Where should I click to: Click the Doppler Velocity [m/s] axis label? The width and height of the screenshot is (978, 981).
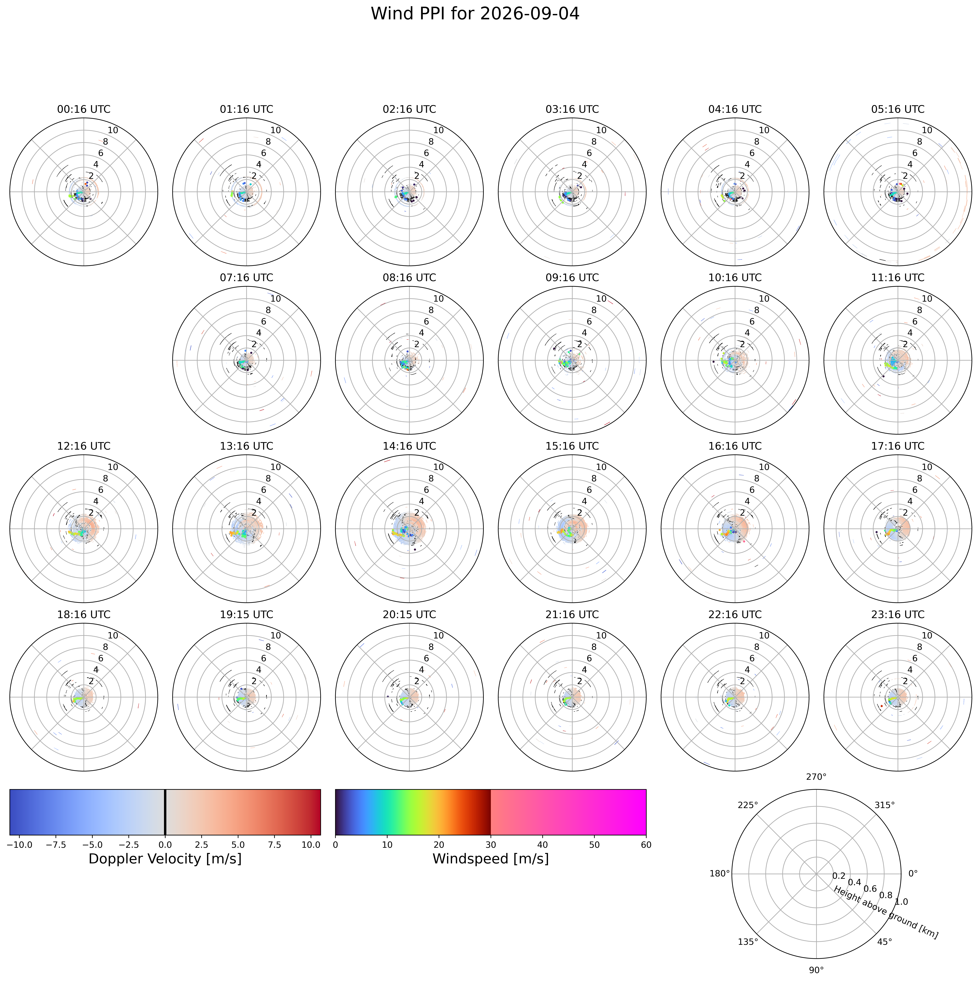(165, 859)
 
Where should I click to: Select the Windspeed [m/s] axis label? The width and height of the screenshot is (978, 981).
(491, 859)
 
